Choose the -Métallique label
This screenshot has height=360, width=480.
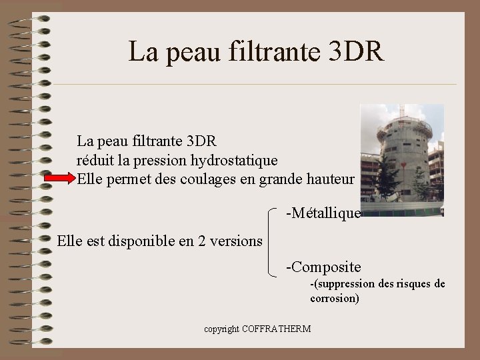pos(323,213)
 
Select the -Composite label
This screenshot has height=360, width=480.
pos(323,267)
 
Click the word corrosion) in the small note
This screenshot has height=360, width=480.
pos(335,299)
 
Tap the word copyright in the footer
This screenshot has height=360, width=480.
pos(222,329)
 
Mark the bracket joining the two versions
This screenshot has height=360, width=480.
pos(270,241)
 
